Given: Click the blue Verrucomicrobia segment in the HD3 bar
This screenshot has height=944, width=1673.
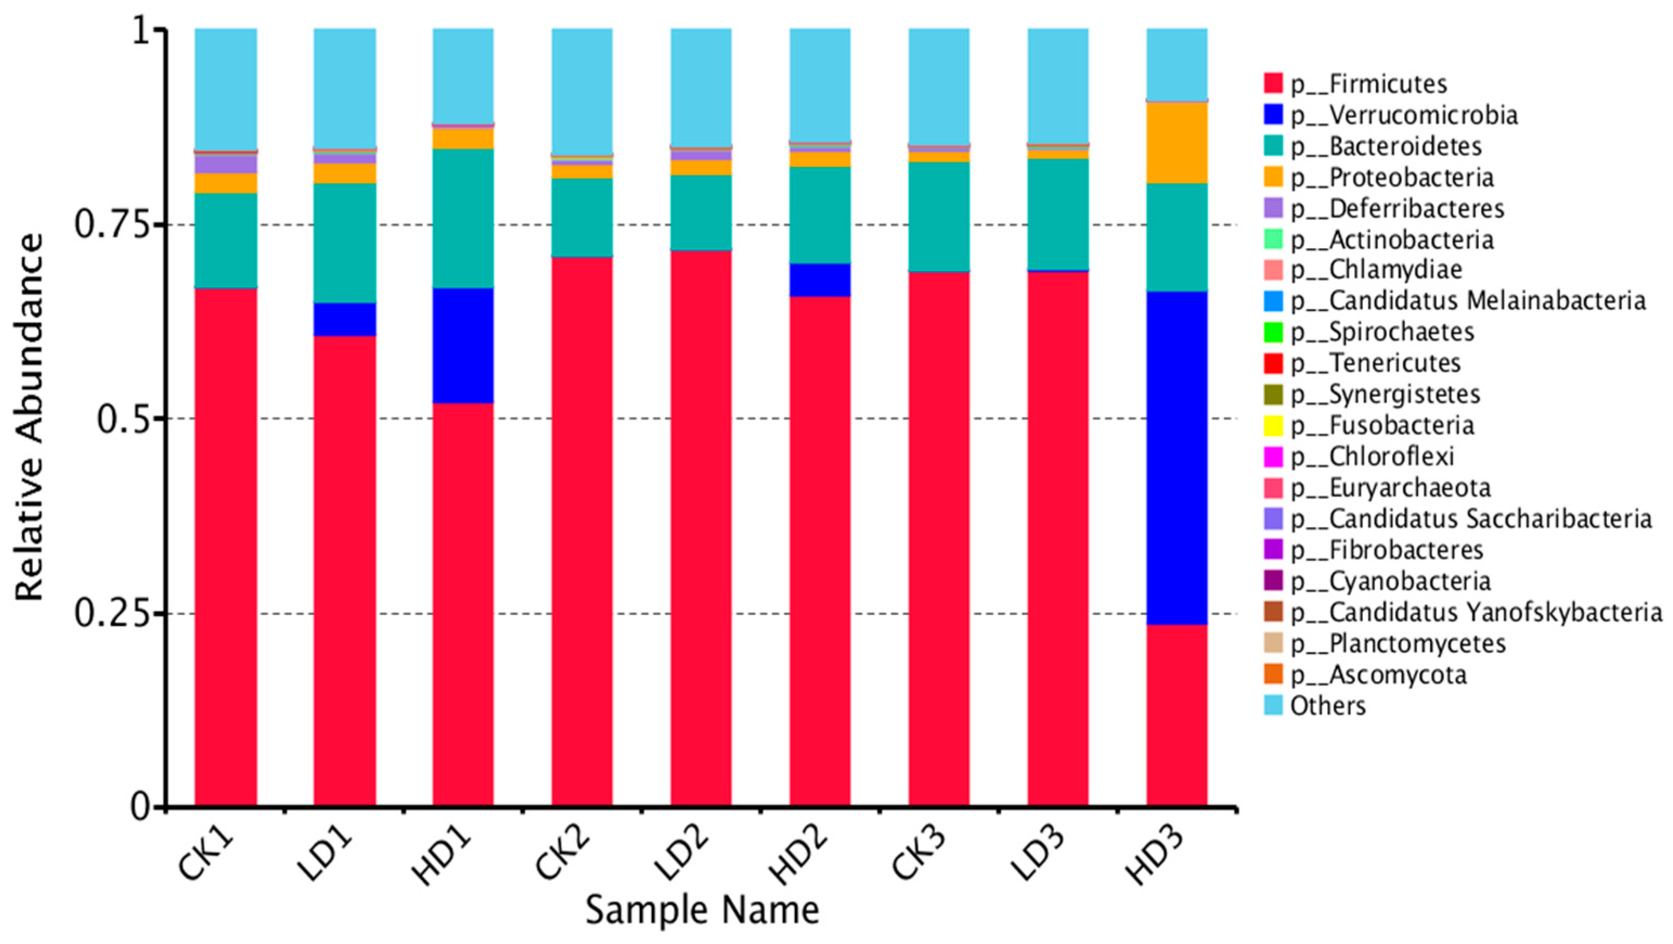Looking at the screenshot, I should point(1176,458).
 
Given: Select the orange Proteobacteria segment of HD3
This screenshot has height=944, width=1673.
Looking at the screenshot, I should point(1176,143).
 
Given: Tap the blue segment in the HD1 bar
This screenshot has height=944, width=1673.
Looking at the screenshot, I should point(463,345).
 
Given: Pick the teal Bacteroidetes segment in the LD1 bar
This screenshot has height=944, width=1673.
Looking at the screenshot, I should point(345,243).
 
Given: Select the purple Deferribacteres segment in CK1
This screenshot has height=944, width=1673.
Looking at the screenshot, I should point(226,164).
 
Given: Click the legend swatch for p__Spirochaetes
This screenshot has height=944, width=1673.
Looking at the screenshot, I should point(1274,332).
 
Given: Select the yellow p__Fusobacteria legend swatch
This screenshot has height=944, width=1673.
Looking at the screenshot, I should point(1274,426).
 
